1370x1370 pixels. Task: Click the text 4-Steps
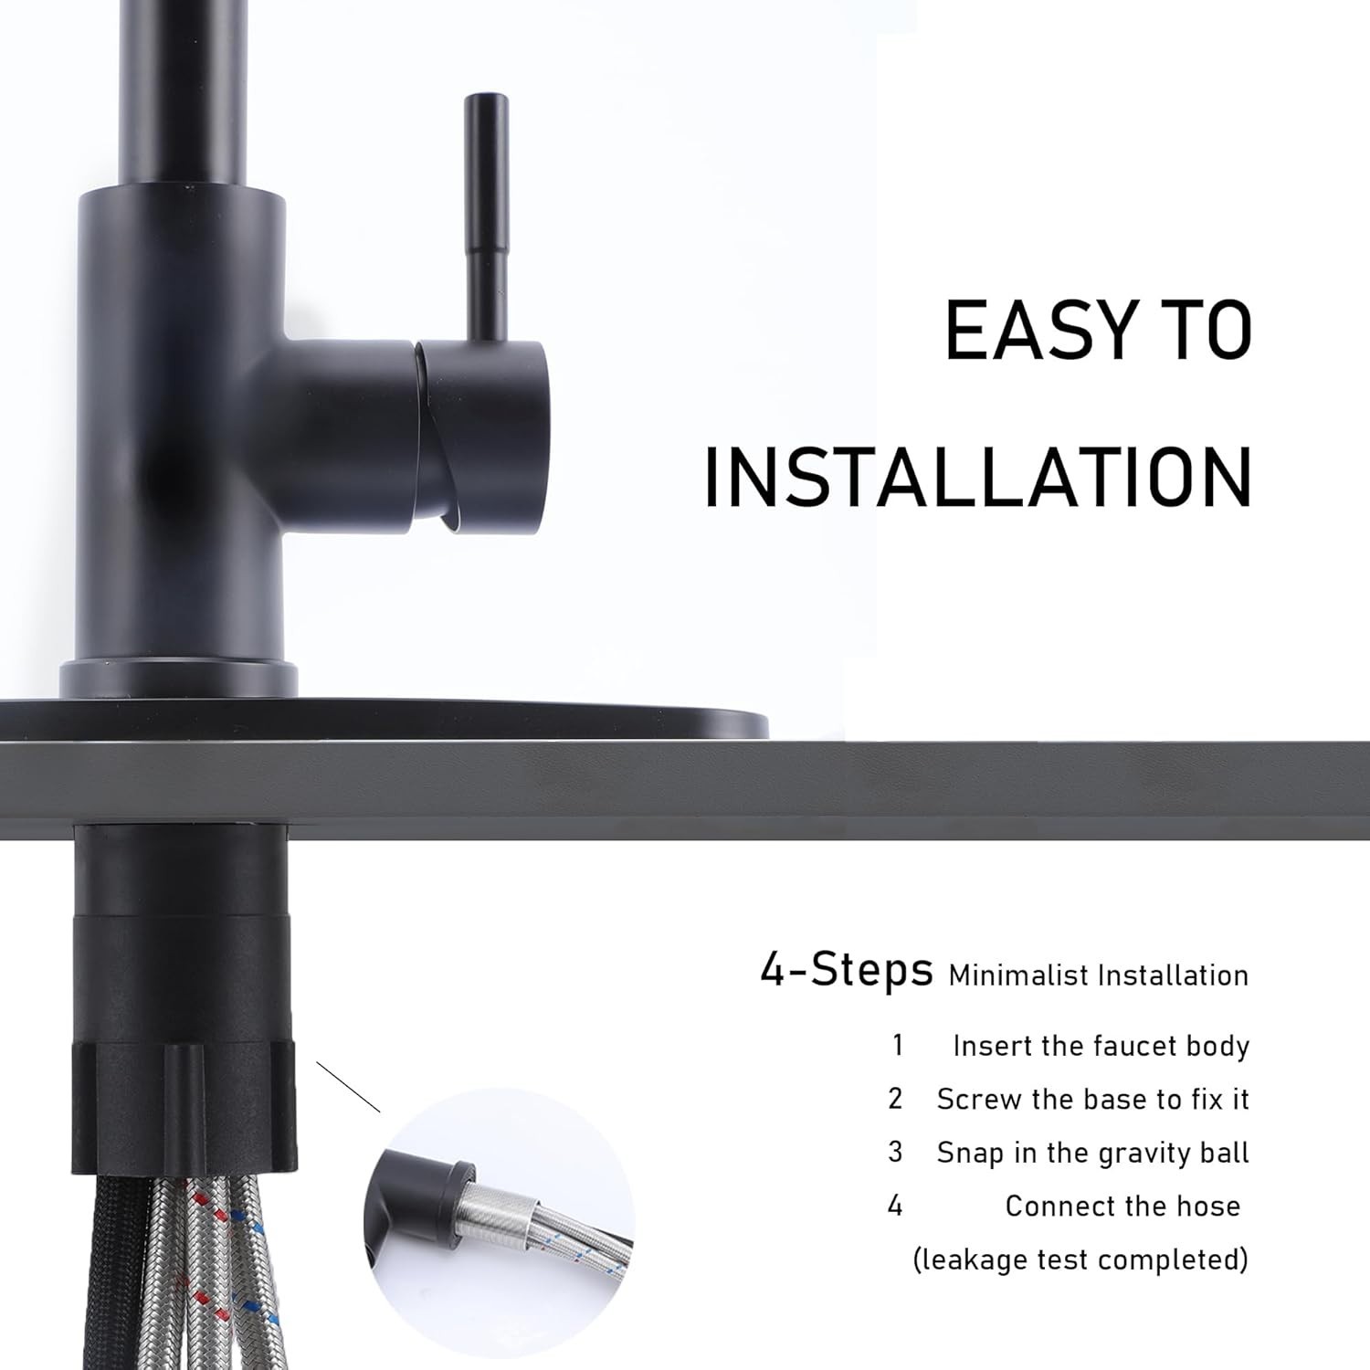(847, 971)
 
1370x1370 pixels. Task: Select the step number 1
(898, 1045)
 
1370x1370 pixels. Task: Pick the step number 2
(895, 1098)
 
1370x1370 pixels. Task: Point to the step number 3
(895, 1152)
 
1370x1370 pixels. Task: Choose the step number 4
(895, 1206)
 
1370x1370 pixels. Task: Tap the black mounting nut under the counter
(184, 1110)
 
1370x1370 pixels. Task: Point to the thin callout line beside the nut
(348, 1087)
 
